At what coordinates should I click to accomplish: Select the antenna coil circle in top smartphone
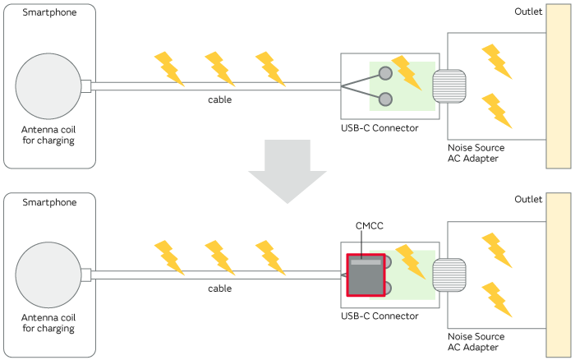pos(48,85)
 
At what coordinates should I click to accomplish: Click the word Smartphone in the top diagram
pos(49,13)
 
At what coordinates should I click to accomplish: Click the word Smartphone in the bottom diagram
pos(49,202)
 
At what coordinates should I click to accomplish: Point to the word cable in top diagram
pos(219,99)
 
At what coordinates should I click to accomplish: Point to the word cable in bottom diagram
pos(219,288)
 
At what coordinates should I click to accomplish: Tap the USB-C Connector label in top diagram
pos(379,127)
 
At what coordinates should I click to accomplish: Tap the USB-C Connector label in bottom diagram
pos(379,316)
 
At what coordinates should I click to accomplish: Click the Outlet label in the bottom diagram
pos(528,200)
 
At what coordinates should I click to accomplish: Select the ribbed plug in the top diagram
pos(449,85)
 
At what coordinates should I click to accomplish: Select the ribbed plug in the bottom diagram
pos(449,275)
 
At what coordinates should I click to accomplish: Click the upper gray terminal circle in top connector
pos(384,72)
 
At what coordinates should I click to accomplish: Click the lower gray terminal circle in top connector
pos(384,99)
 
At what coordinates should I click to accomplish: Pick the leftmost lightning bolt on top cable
pos(168,67)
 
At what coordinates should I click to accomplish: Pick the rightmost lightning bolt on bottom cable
pos(269,256)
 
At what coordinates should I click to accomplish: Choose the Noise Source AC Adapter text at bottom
pos(476,342)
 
